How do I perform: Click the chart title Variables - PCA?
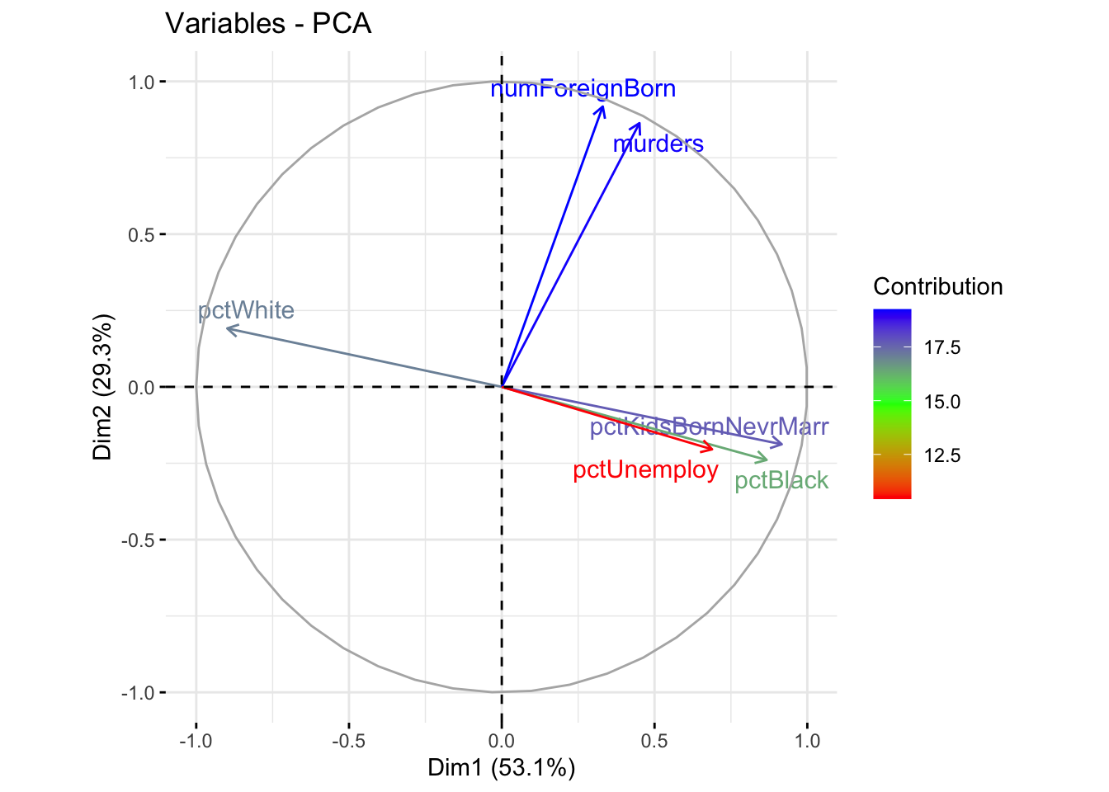(268, 23)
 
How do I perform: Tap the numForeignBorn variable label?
(583, 89)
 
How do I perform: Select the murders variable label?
(658, 144)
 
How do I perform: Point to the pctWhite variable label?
(246, 311)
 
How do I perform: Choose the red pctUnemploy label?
(645, 470)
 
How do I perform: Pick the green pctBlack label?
(781, 481)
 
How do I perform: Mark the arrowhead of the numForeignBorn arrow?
(603, 107)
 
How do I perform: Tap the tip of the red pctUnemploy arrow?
(712, 449)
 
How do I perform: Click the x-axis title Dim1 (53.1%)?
(501, 768)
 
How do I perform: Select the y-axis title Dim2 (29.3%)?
(102, 387)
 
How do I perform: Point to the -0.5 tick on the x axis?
(348, 741)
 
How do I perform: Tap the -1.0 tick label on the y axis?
(137, 693)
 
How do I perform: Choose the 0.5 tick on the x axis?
(654, 741)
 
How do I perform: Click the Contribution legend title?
(937, 287)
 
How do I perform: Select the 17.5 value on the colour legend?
(941, 348)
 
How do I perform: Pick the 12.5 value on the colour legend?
(941, 455)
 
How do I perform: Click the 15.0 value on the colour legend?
(941, 402)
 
